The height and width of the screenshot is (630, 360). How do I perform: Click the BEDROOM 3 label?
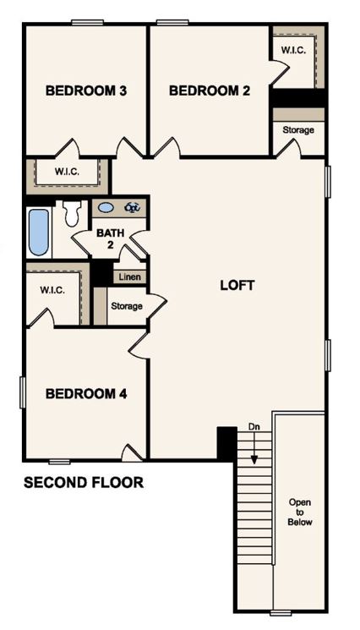pos(86,90)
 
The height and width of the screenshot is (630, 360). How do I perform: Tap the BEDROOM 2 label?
pos(210,90)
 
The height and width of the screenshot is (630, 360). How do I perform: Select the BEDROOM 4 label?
pos(86,393)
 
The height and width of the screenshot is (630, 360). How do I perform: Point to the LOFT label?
pos(237,285)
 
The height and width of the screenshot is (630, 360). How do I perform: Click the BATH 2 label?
pos(109,238)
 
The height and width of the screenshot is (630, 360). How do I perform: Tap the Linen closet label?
pos(129,277)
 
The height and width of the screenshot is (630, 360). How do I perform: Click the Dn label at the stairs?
pos(254,426)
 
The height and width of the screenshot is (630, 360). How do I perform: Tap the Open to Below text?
pos(300,512)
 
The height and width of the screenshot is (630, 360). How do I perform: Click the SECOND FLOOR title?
pos(83,483)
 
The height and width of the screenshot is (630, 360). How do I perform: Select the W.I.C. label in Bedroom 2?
pos(293,51)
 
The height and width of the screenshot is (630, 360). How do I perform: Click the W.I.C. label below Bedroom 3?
pos(67,172)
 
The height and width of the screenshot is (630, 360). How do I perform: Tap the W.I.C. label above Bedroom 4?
pos(52,290)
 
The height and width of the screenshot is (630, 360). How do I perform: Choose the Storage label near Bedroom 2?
pos(298,130)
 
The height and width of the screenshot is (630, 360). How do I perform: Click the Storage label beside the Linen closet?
pos(126,306)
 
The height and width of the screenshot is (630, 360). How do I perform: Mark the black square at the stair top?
pos(226,441)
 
